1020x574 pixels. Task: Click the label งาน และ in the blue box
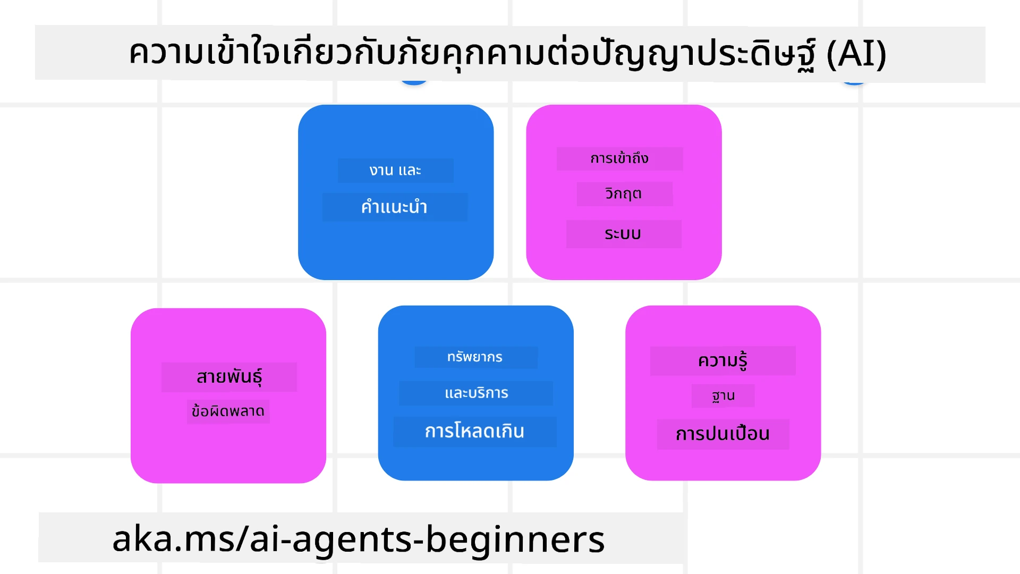click(x=395, y=171)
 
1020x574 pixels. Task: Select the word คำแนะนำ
click(x=394, y=207)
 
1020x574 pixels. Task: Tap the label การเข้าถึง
click(x=619, y=158)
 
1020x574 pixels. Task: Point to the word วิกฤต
click(x=624, y=193)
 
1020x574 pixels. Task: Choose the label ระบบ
click(x=623, y=234)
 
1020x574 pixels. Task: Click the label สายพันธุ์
click(x=229, y=377)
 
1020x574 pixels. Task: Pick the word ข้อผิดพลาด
click(x=228, y=411)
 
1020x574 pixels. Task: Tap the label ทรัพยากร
click(x=475, y=357)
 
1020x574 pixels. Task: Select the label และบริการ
click(x=476, y=393)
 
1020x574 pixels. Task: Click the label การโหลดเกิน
click(x=474, y=431)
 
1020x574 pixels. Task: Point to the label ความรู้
click(x=722, y=361)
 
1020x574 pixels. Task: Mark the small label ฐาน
click(x=723, y=396)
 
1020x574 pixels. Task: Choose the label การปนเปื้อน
click(x=722, y=434)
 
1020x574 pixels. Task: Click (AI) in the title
click(x=856, y=54)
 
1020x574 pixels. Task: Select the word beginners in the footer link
click(x=515, y=539)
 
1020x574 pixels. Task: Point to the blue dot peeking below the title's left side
click(x=414, y=82)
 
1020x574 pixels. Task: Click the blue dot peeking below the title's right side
click(x=854, y=82)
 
